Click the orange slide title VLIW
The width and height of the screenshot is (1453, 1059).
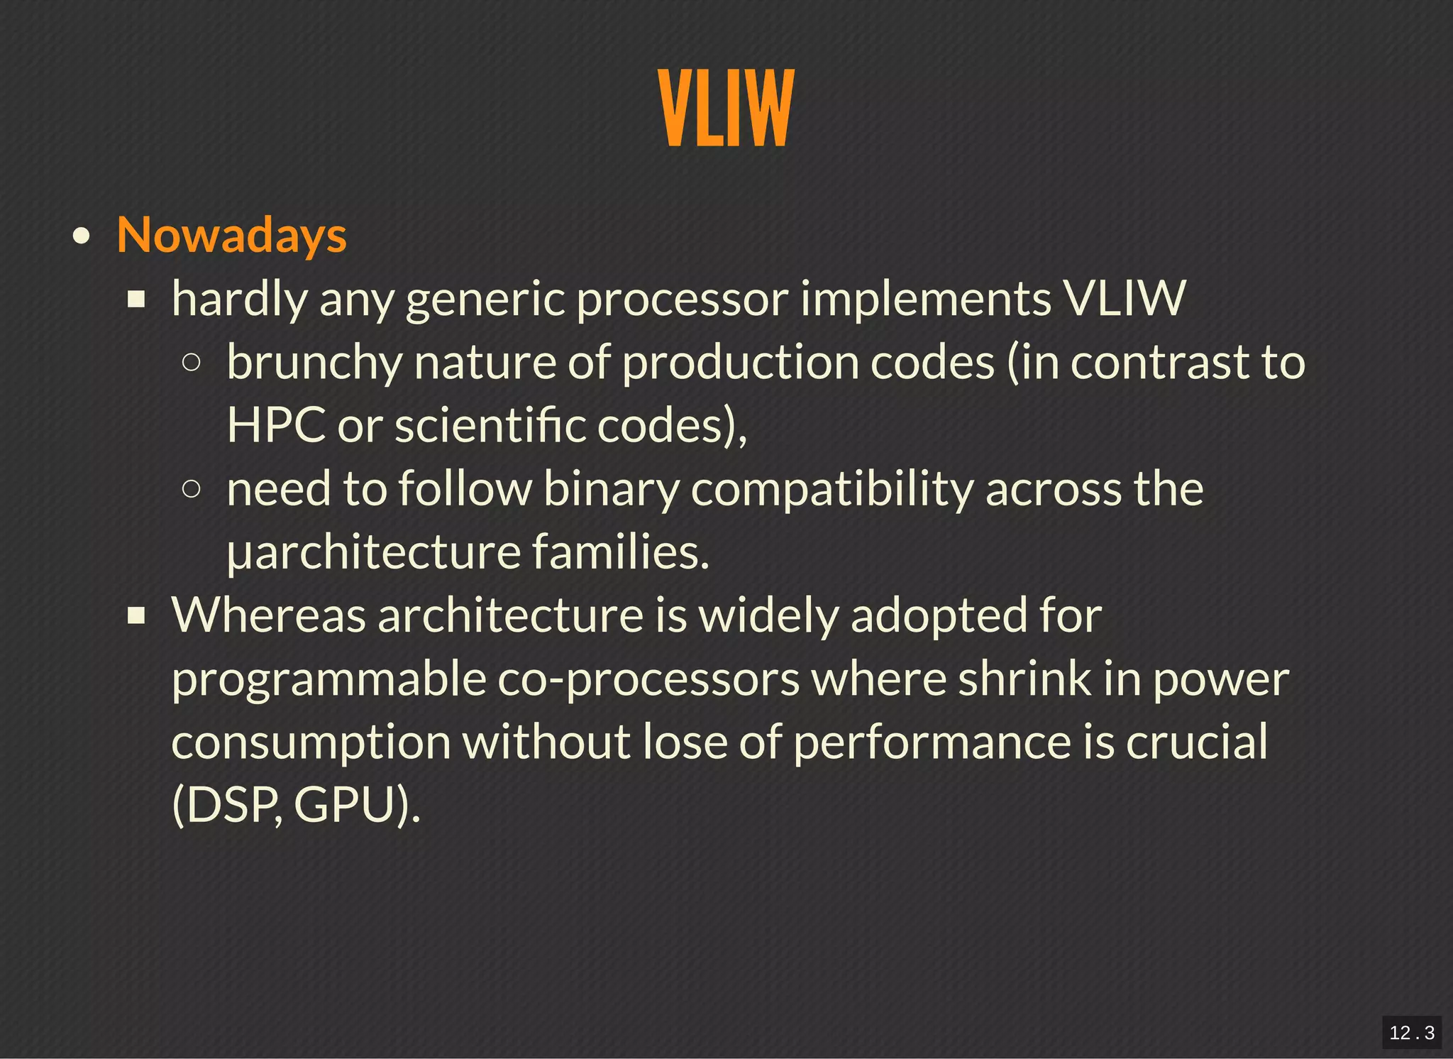pos(726,108)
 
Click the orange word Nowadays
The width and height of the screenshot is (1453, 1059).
pos(231,235)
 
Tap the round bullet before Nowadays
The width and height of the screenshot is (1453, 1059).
pos(82,236)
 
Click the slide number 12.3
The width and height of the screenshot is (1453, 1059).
pos(1411,1032)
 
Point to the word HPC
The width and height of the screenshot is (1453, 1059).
pos(275,426)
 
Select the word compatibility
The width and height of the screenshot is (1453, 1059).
pos(832,490)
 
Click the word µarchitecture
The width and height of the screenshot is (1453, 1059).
pos(373,552)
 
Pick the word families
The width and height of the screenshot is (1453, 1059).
pos(620,552)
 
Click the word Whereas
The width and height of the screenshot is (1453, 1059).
pos(268,615)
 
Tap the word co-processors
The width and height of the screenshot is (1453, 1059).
pos(648,679)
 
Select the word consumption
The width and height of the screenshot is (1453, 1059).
pos(311,742)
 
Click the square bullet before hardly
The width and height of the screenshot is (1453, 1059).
pos(136,300)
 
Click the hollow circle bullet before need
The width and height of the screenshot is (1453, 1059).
pos(191,488)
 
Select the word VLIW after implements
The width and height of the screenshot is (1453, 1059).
pos(1124,298)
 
